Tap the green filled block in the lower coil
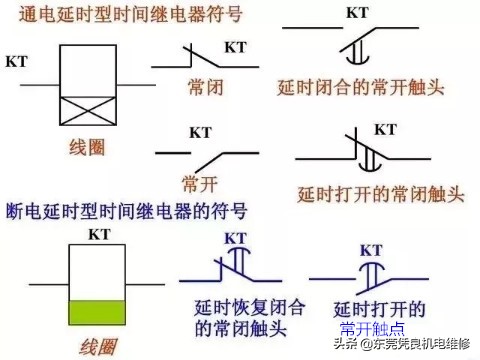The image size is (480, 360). point(96,312)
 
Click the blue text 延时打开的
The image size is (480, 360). point(382,308)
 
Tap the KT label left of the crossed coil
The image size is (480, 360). point(17,61)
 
